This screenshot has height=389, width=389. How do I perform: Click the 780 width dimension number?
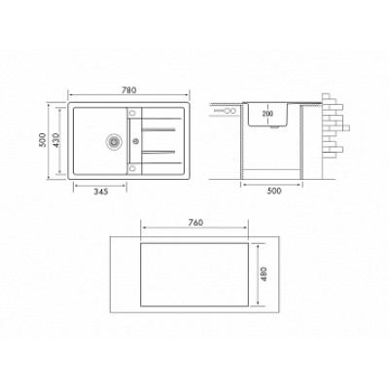(x=129, y=90)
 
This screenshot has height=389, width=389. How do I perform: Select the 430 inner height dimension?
(x=55, y=140)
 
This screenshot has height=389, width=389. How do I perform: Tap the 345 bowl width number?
(x=100, y=192)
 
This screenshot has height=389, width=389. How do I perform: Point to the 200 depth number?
(x=267, y=114)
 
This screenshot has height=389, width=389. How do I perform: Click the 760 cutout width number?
(x=195, y=223)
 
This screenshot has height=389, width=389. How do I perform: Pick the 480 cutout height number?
(x=264, y=274)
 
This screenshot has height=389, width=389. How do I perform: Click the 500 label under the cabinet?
(x=274, y=191)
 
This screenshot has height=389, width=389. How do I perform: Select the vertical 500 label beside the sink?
(x=43, y=140)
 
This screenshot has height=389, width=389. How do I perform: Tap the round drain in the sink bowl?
(x=114, y=141)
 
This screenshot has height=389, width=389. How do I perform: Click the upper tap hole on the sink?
(x=132, y=113)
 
